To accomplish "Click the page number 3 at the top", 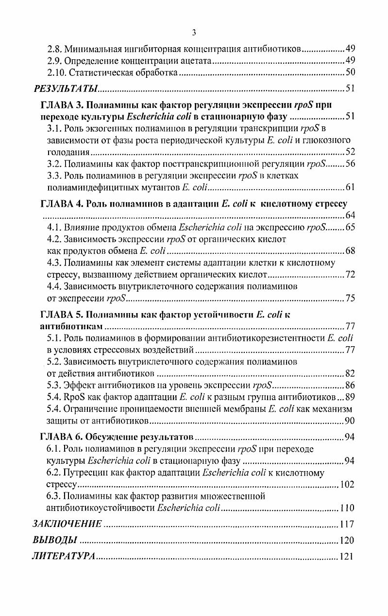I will click(x=194, y=33).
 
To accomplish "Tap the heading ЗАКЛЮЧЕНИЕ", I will click(x=67, y=524).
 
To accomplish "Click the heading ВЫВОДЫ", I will click(x=54, y=540).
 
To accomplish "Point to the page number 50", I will click(x=350, y=73).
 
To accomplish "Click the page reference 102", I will click(x=347, y=484).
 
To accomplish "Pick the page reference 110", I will click(x=347, y=508).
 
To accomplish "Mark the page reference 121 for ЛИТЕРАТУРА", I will click(x=347, y=557).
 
